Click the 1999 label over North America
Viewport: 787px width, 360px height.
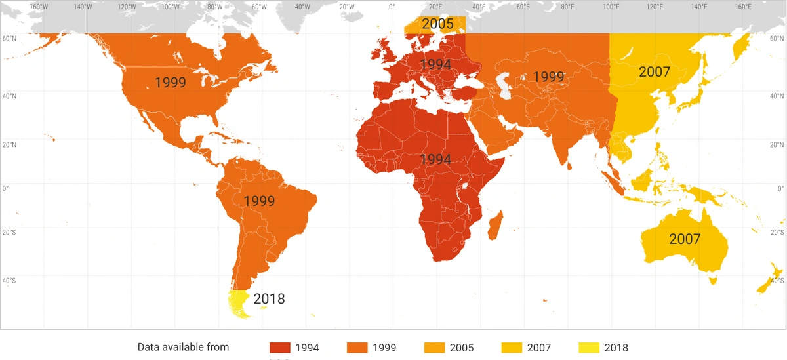pos(171,83)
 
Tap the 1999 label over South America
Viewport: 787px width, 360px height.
pos(259,201)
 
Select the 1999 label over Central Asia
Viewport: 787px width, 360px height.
pos(548,77)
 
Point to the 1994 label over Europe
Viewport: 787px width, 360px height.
pos(435,65)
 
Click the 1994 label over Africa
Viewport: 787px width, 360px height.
pos(435,159)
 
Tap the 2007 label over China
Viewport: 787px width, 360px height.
pos(655,71)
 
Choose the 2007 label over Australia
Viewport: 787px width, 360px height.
pos(685,239)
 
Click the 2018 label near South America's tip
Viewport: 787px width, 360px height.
pos(269,299)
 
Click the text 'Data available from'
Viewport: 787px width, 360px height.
pos(184,347)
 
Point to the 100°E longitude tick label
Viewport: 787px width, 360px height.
pos(611,7)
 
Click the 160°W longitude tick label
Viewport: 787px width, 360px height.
pos(39,7)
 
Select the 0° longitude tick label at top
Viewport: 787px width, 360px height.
pos(392,7)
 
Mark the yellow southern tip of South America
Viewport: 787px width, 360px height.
pos(238,305)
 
